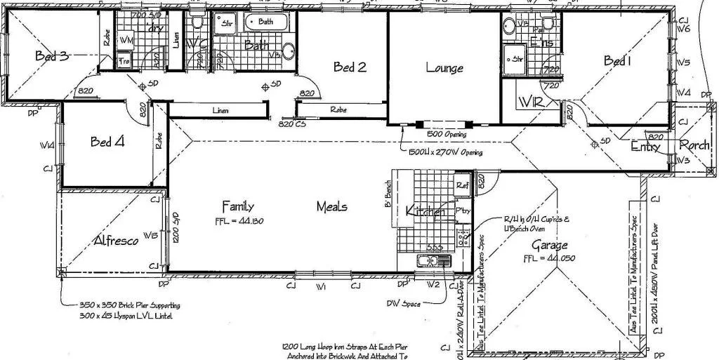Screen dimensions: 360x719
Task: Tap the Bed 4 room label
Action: [x=107, y=142]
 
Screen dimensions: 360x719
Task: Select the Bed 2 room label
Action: [x=350, y=67]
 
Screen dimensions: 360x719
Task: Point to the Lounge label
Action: [x=444, y=68]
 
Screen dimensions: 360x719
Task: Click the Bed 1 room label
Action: [x=618, y=62]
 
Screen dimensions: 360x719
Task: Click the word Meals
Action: [x=331, y=207]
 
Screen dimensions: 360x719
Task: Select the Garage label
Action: [x=549, y=246]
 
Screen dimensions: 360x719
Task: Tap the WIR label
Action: [x=532, y=103]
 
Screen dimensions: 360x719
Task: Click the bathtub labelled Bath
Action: [x=266, y=22]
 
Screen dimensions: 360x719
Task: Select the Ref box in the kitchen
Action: [x=461, y=186]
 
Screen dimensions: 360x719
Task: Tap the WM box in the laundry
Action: [x=126, y=41]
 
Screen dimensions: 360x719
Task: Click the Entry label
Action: [x=645, y=147]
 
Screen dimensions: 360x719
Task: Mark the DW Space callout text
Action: [x=403, y=303]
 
